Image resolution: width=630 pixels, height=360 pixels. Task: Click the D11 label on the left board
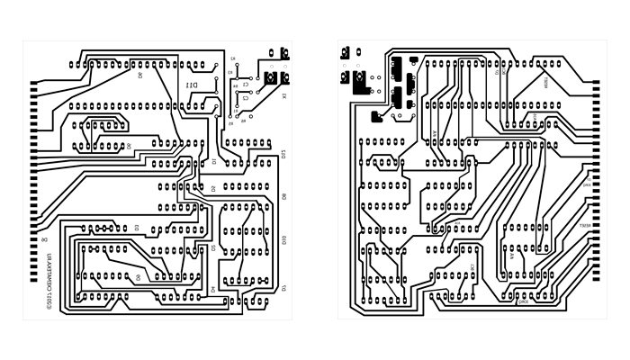pyautogui.click(x=192, y=85)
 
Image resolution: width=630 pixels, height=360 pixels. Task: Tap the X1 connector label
pyautogui.click(x=284, y=96)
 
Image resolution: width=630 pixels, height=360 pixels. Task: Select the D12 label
pyautogui.click(x=284, y=154)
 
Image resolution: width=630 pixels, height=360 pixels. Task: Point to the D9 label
pyautogui.click(x=284, y=196)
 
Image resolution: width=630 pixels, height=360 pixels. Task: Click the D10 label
pyautogui.click(x=284, y=239)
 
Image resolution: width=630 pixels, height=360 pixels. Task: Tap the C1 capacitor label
pyautogui.click(x=246, y=86)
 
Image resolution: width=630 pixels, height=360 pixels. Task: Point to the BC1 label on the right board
pyautogui.click(x=472, y=267)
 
